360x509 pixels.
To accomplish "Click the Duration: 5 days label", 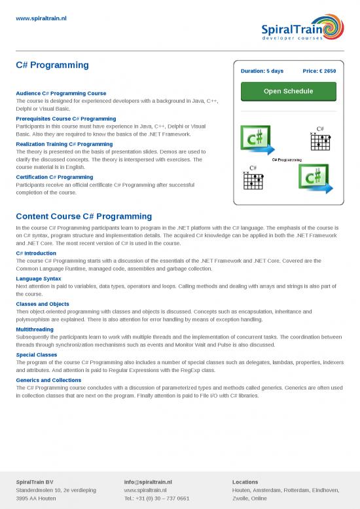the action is pyautogui.click(x=262, y=71).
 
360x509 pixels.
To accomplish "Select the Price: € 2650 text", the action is pyautogui.click(x=319, y=71).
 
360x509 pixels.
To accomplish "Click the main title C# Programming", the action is pyautogui.click(x=52, y=66).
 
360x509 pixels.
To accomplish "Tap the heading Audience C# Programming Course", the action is pyautogui.click(x=61, y=94).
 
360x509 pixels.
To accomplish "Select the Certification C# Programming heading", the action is pyautogui.click(x=54, y=177).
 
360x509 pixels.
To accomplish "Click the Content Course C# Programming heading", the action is pyautogui.click(x=84, y=216).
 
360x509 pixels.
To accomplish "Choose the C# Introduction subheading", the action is pyautogui.click(x=36, y=253).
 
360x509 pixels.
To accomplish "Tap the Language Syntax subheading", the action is pyautogui.click(x=39, y=278).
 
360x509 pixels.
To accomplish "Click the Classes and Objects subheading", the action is pyautogui.click(x=43, y=304).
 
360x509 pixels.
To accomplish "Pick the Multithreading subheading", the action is pyautogui.click(x=35, y=330).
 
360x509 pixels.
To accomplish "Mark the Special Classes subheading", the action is pyautogui.click(x=37, y=354).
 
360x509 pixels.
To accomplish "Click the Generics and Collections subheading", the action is pyautogui.click(x=48, y=380).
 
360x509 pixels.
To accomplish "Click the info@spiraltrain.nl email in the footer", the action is pyautogui.click(x=148, y=482).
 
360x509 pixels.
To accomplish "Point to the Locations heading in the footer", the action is pyautogui.click(x=245, y=482).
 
